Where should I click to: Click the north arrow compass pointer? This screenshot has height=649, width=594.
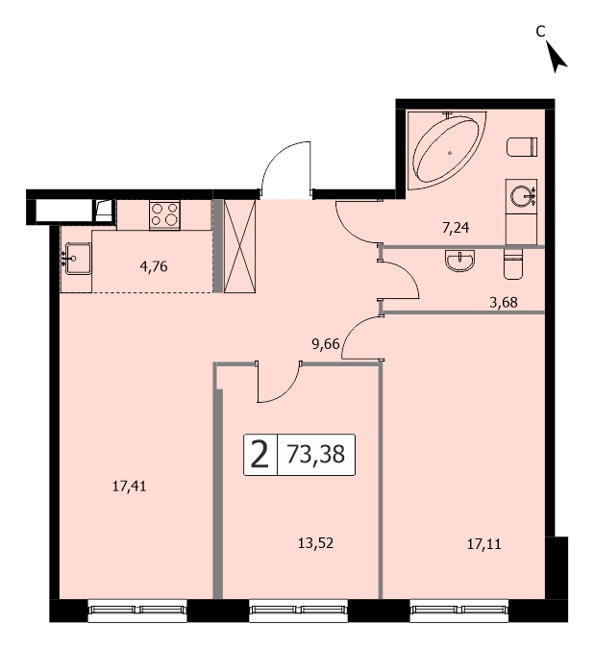(x=557, y=57)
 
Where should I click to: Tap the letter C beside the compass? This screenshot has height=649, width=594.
(x=540, y=31)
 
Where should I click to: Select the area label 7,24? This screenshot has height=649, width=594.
(x=456, y=228)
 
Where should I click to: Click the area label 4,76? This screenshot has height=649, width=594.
(x=154, y=266)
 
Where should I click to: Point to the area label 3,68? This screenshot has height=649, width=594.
(x=504, y=303)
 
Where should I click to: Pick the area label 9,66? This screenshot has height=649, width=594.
(x=326, y=344)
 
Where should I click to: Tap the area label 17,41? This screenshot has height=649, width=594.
(x=130, y=486)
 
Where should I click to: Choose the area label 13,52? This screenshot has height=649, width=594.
(x=315, y=543)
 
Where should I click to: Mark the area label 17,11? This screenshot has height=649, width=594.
(x=484, y=544)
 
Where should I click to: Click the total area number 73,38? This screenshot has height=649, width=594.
(x=315, y=454)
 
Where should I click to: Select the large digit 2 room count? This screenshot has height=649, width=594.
(x=260, y=454)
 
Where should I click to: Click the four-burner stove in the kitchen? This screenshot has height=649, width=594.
(x=164, y=215)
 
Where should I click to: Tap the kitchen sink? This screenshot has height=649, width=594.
(x=78, y=259)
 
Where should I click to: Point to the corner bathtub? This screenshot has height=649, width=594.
(x=447, y=148)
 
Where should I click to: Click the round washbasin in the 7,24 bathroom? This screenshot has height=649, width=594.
(x=521, y=196)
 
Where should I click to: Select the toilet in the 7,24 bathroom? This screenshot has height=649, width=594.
(x=522, y=147)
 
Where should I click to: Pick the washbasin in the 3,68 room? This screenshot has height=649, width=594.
(x=459, y=261)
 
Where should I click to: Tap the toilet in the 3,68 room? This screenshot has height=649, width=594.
(x=514, y=263)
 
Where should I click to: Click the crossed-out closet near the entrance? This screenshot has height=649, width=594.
(x=240, y=246)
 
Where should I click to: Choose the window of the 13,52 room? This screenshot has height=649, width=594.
(x=298, y=610)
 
